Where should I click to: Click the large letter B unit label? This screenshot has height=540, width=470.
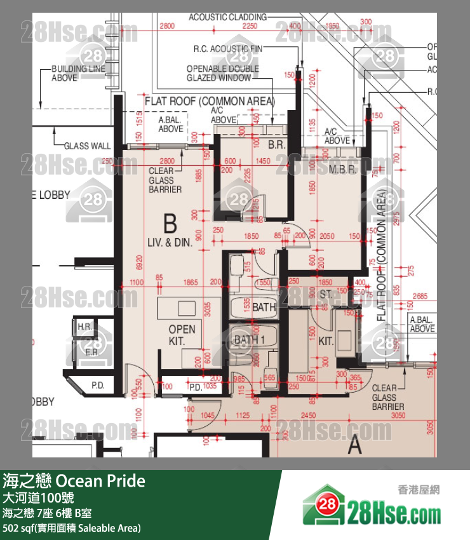pyautogui.click(x=170, y=224)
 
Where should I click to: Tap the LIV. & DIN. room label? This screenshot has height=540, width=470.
pyautogui.click(x=170, y=241)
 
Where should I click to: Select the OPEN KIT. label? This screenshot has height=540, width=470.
pyautogui.click(x=182, y=335)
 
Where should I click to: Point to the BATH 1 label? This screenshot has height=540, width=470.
pyautogui.click(x=250, y=340)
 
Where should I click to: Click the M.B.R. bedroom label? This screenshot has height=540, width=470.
pyautogui.click(x=341, y=170)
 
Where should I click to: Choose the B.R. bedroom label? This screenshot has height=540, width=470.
pyautogui.click(x=276, y=145)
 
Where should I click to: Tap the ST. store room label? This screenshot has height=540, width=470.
pyautogui.click(x=326, y=294)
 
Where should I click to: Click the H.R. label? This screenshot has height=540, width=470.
pyautogui.click(x=84, y=327)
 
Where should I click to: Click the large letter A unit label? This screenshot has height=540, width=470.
pyautogui.click(x=354, y=445)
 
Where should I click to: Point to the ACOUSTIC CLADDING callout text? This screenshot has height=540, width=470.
pyautogui.click(x=228, y=17)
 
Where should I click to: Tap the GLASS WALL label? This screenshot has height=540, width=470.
pyautogui.click(x=87, y=146)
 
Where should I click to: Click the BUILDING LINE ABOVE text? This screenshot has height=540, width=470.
pyautogui.click(x=74, y=73)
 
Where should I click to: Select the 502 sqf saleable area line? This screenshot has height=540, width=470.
pyautogui.click(x=72, y=528)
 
